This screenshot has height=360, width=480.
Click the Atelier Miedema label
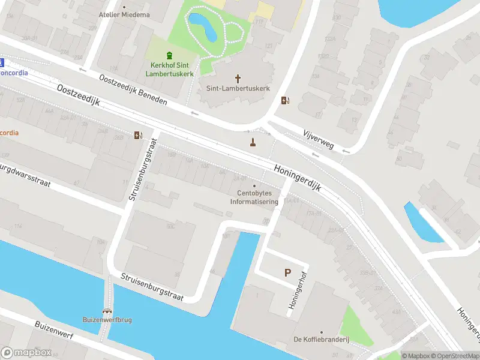click(124, 14)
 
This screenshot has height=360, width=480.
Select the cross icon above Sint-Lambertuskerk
click(238, 78)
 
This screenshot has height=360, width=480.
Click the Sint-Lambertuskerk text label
click(238, 88)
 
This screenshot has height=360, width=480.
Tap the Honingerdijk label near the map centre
click(299, 178)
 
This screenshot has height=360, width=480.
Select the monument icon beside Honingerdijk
click(253, 142)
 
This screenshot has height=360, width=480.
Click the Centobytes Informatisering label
click(254, 197)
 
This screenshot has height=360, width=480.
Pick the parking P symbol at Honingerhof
click(287, 273)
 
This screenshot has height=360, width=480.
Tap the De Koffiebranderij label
click(321, 340)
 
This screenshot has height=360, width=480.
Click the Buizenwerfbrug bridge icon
click(107, 311)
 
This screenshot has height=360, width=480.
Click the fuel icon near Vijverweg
click(284, 100)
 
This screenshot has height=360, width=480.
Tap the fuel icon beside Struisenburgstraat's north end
click(139, 135)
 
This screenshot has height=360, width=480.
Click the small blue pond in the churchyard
click(203, 26)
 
